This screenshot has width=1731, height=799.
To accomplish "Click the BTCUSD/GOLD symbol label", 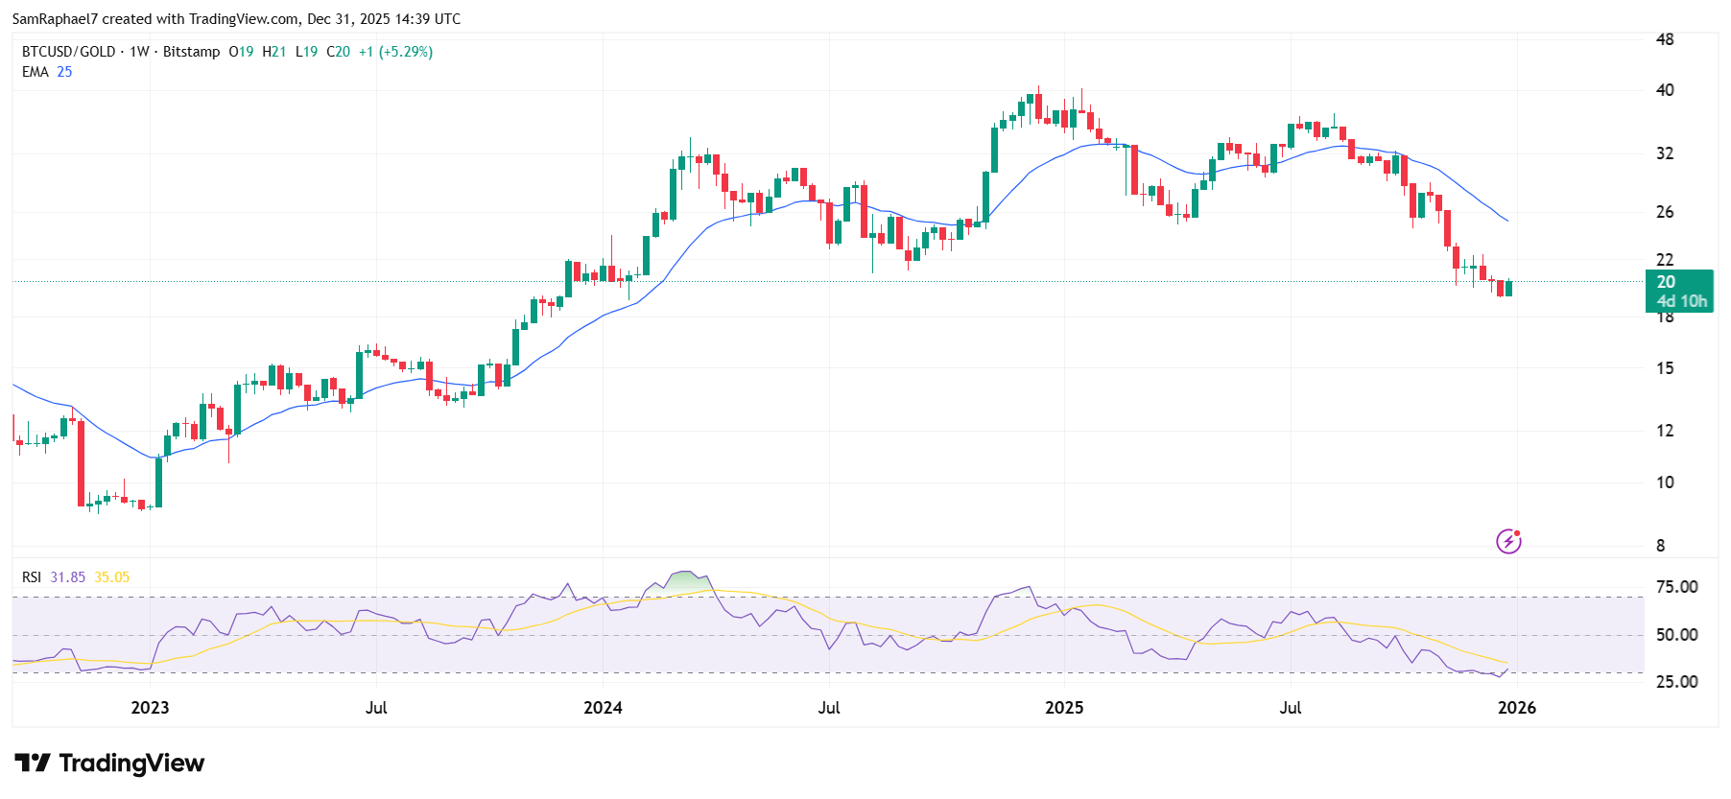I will [x=68, y=52].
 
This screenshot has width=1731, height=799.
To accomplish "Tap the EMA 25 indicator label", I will [x=47, y=72].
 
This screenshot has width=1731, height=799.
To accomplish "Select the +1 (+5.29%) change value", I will [x=395, y=52].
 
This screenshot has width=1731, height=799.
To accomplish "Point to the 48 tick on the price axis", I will [x=1665, y=39].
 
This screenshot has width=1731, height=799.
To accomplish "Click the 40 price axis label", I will [x=1665, y=90].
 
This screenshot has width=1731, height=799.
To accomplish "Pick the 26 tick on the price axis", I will [x=1665, y=212].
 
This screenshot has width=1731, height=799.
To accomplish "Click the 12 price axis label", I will [x=1665, y=431].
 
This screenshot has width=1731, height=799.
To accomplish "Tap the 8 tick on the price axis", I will [x=1661, y=546].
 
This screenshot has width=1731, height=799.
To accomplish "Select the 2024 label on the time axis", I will [x=603, y=708].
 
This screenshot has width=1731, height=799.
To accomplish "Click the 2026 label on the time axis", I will [x=1516, y=708].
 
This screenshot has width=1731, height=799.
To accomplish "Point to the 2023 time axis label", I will [x=150, y=708].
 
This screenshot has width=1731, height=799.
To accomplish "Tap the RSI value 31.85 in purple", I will [x=67, y=577].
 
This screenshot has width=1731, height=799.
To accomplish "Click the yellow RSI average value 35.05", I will [x=111, y=577].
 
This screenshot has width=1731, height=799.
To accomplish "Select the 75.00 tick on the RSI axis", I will [x=1676, y=587].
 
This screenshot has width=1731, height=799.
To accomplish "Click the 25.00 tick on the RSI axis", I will [x=1676, y=682].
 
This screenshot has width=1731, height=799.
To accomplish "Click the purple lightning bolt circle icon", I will [x=1508, y=542].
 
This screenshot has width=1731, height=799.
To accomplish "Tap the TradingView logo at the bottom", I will [x=109, y=764].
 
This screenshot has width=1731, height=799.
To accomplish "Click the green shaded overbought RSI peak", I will [x=686, y=581].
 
